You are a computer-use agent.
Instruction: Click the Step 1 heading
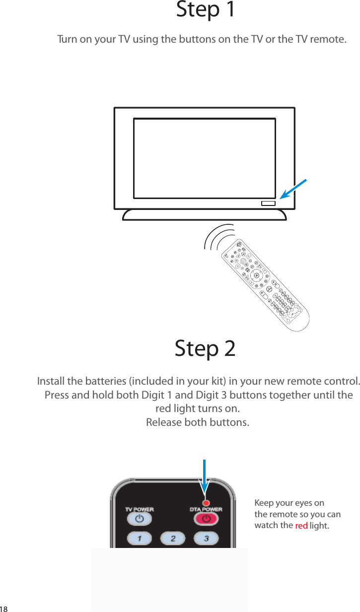(x=206, y=10)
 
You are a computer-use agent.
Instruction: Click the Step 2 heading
(x=205, y=349)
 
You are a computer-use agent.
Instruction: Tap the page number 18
(x=4, y=609)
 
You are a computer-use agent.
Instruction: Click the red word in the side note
(x=301, y=526)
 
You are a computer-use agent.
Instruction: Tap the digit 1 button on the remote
(x=140, y=538)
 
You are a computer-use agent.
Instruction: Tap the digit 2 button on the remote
(x=173, y=538)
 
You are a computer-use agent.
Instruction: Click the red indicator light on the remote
(x=206, y=503)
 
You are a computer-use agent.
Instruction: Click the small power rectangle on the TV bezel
(x=268, y=203)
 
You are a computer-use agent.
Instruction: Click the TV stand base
(x=204, y=214)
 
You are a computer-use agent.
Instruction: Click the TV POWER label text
(x=139, y=509)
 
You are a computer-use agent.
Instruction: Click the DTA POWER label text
(x=206, y=509)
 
